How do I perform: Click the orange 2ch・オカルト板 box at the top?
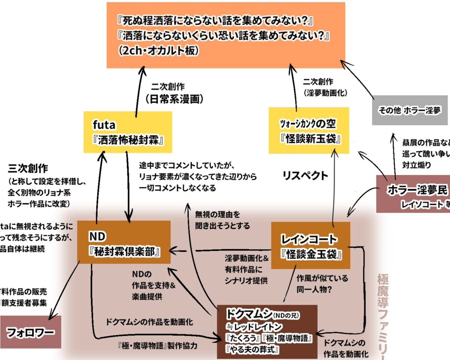click(x=226, y=35)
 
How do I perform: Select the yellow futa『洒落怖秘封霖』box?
click(x=127, y=131)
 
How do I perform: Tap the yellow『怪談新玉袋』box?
click(x=308, y=131)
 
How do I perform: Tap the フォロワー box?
click(x=31, y=332)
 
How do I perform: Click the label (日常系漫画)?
click(x=174, y=100)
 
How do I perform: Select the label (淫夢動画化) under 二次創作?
click(x=326, y=93)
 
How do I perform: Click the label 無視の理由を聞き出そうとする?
click(x=222, y=220)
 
